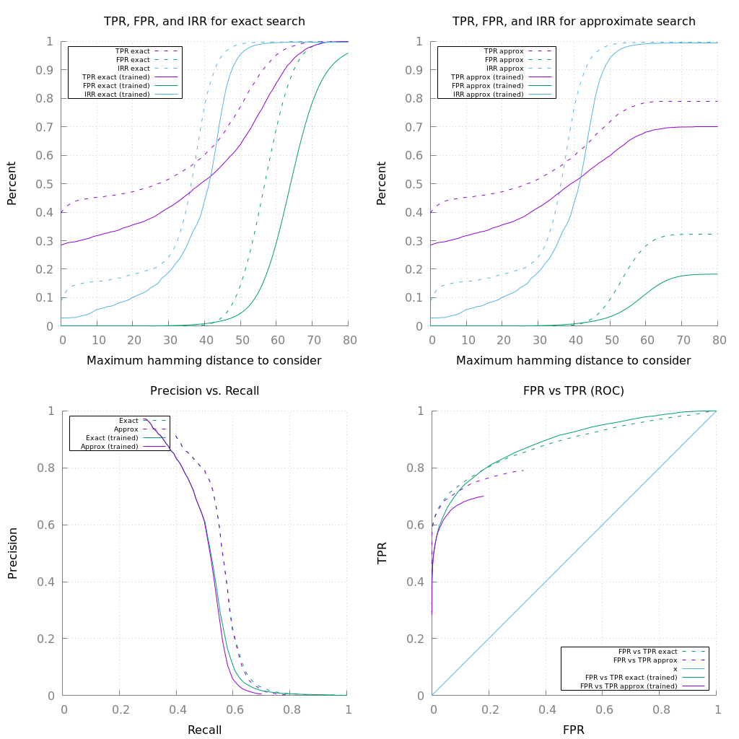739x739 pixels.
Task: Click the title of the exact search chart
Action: point(204,22)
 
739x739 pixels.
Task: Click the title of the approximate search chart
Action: point(574,22)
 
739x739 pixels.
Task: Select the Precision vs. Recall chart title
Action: point(204,391)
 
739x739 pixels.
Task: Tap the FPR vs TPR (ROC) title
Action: point(574,391)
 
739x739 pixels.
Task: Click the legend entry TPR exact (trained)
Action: point(116,77)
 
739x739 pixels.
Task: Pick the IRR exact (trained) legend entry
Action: point(117,95)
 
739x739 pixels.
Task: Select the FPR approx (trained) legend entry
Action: point(487,86)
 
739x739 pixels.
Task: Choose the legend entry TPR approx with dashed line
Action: point(503,51)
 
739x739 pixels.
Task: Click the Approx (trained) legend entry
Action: point(109,447)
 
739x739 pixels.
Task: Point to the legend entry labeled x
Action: point(675,669)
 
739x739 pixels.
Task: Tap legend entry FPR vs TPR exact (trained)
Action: point(631,678)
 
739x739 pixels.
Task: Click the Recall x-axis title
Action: point(204,730)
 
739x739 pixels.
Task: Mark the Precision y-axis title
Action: point(12,553)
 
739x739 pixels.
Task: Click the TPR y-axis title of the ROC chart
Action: point(382,553)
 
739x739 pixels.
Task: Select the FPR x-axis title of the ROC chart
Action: point(574,730)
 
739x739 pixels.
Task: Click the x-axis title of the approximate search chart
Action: point(574,360)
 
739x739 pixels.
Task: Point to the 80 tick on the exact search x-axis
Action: point(348,338)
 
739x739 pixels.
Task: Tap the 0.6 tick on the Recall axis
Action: point(234,709)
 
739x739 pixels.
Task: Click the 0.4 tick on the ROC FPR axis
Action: point(546,709)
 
